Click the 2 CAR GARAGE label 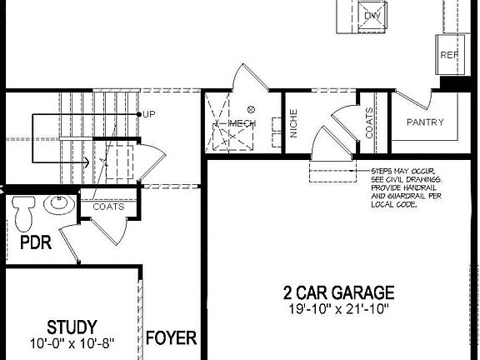click(337, 293)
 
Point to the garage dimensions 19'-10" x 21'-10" click(337, 309)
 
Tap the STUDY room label click(72, 327)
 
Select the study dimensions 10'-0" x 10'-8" click(72, 342)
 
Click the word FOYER click(171, 338)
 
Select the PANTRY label click(425, 122)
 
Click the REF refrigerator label click(449, 55)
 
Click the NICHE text click(294, 124)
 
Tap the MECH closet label click(242, 123)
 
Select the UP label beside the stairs click(150, 114)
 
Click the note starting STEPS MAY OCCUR click(406, 187)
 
